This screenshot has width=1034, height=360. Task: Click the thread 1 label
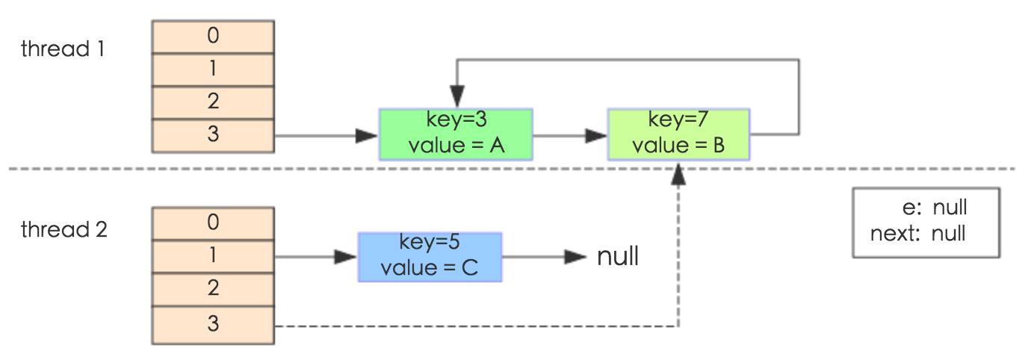(63, 50)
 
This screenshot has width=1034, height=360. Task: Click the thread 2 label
(64, 229)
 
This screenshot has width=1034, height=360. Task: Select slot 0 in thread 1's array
(213, 36)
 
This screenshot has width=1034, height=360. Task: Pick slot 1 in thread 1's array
(213, 69)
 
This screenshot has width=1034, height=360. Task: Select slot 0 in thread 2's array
(213, 223)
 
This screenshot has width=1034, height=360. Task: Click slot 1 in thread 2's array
(213, 256)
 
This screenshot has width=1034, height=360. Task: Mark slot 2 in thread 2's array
(213, 289)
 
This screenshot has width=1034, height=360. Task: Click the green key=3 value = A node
(456, 134)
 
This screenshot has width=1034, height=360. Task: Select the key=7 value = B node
(678, 134)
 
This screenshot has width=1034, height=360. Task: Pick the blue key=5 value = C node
(430, 257)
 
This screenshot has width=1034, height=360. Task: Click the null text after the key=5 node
(618, 257)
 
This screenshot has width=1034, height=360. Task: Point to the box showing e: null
(925, 223)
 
